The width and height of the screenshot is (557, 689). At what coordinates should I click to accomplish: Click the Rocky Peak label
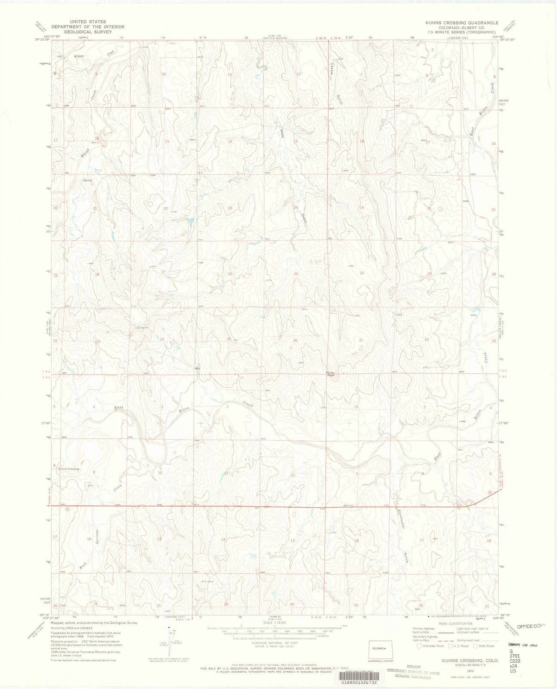331,374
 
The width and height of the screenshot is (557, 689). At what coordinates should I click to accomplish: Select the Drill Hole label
207,581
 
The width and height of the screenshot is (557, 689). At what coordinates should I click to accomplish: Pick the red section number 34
162,339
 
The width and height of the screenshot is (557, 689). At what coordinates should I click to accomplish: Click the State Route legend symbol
475,657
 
